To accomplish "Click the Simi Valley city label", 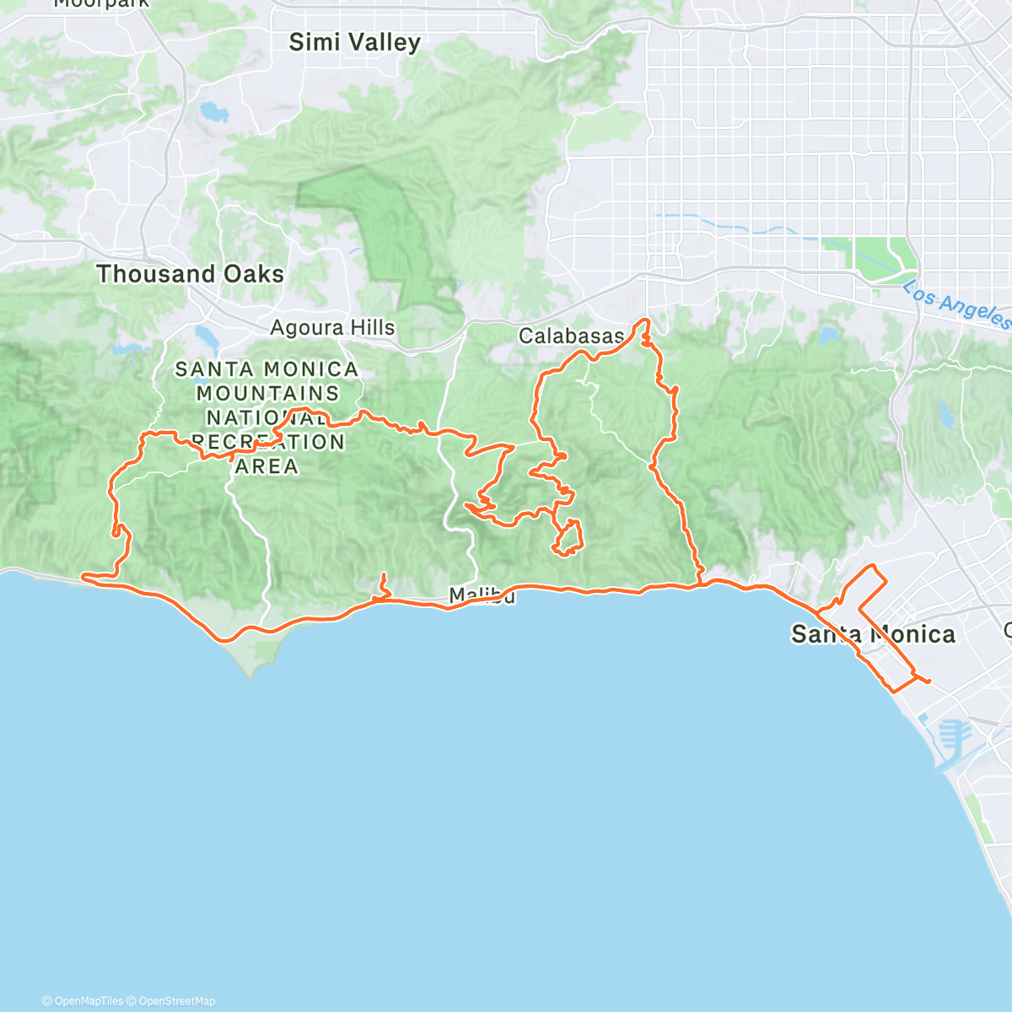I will [354, 42].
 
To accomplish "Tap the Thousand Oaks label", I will [190, 274].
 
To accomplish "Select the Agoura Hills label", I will [332, 327].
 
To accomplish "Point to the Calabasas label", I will [571, 336].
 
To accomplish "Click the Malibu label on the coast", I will [482, 595].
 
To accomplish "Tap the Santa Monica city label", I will [873, 634].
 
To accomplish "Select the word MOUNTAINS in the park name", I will [267, 393].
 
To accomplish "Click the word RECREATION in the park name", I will [267, 442].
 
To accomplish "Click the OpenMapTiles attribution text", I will [88, 1001].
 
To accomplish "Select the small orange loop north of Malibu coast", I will [568, 537].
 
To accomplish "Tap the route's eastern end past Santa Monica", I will [929, 681].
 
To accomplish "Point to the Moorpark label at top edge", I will [101, 3].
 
